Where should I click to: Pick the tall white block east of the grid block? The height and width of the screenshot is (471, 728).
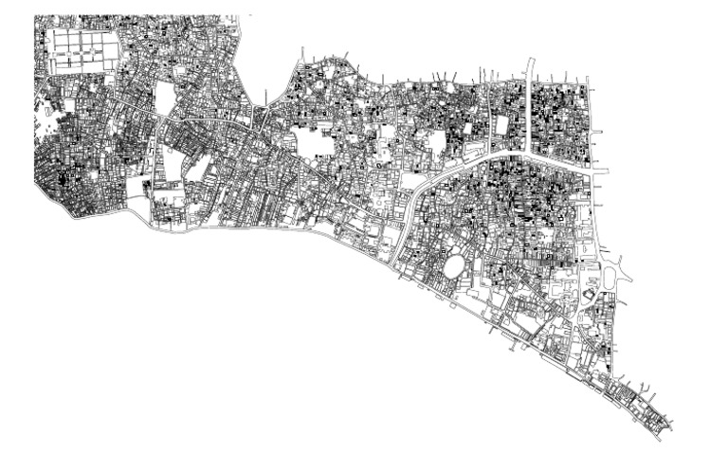click(x=165, y=99)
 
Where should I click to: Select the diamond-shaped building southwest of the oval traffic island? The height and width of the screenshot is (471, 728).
click(x=589, y=297)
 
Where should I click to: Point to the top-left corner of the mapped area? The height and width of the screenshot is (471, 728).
click(x=36, y=18)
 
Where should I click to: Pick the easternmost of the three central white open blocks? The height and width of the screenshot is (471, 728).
click(x=436, y=143)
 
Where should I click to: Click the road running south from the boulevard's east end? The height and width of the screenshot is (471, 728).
click(x=594, y=218)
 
